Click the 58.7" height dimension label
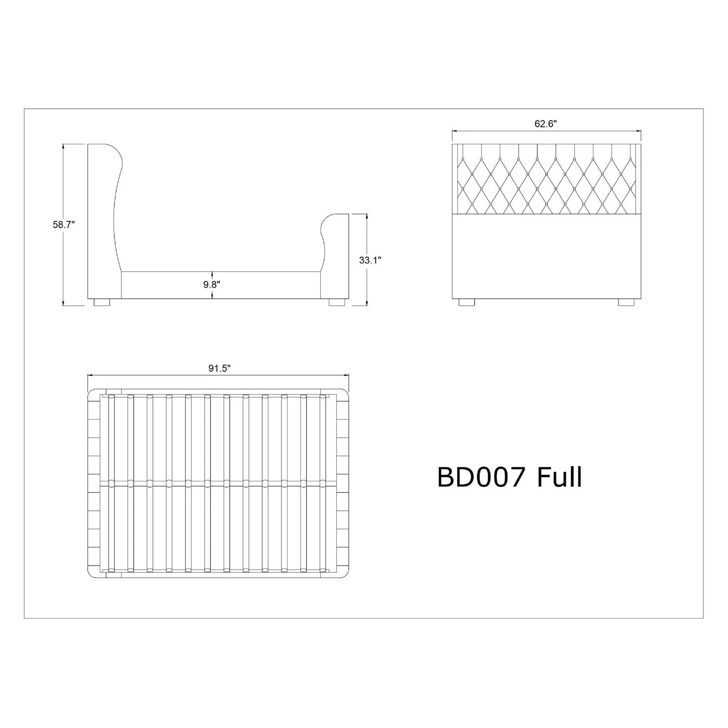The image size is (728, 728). pos(63,224)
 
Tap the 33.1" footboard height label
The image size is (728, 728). pos(370,260)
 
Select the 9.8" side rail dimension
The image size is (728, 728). pos(212,284)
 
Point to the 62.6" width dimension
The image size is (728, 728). pos(546,123)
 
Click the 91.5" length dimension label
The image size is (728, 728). pos(220,368)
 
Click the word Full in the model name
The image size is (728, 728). pos(560,477)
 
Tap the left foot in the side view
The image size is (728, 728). pos(102,302)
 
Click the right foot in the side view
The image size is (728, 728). pos(337,302)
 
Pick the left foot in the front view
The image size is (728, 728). pos(467,302)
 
